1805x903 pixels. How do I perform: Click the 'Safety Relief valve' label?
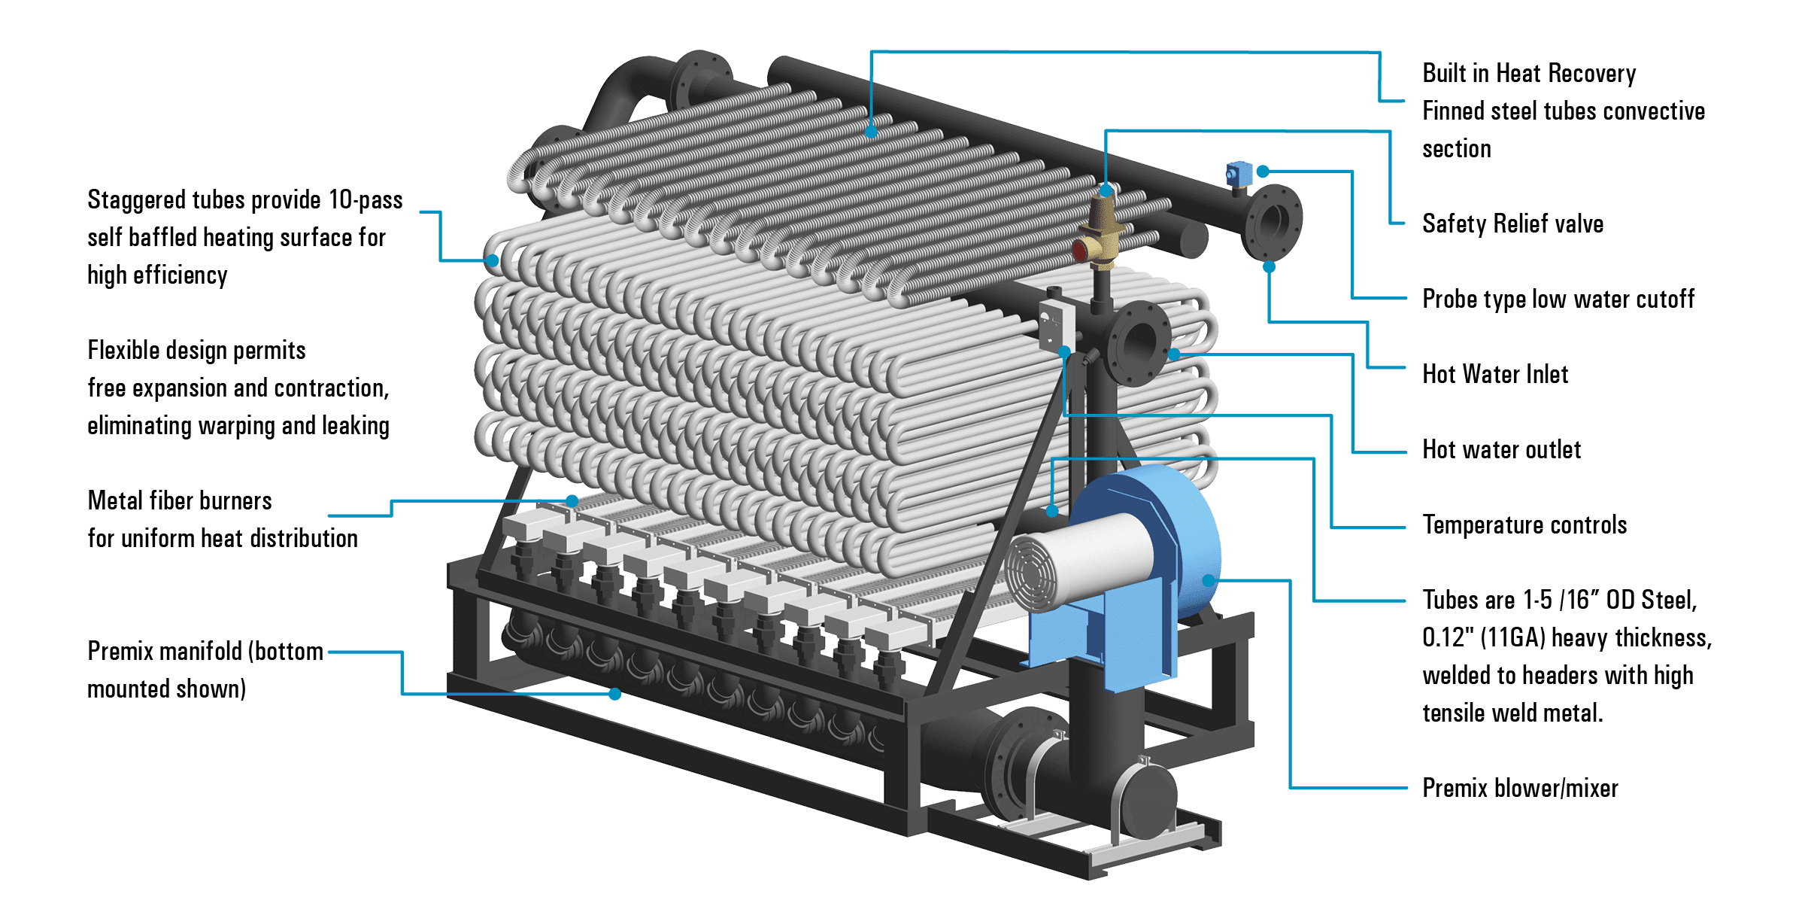coord(1512,224)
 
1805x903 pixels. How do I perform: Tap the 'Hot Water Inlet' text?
coord(1494,375)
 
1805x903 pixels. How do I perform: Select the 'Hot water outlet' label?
coord(1501,450)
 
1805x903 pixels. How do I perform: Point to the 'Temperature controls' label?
coord(1524,525)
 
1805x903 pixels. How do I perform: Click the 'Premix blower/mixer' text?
coord(1520,789)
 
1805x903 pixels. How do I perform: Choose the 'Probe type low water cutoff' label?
coord(1558,299)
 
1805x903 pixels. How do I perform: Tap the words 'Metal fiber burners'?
coord(180,501)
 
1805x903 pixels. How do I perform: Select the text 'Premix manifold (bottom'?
coord(205,652)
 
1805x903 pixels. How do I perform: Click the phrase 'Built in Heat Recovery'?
coord(1529,74)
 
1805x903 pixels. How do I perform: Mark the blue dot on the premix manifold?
coord(615,695)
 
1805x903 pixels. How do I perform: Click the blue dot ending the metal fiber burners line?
coord(572,500)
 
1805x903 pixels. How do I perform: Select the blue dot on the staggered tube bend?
coord(493,260)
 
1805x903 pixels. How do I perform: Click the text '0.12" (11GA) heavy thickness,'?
coord(1567,638)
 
